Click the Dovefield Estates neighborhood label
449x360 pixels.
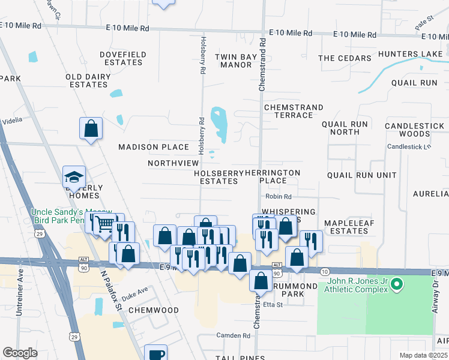click(x=123, y=58)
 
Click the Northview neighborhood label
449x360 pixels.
click(x=173, y=163)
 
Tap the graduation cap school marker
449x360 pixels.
click(x=74, y=177)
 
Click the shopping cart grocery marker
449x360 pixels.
click(x=104, y=224)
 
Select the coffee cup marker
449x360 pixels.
click(x=157, y=354)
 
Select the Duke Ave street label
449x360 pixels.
click(x=134, y=295)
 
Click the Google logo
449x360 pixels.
click(x=20, y=353)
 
